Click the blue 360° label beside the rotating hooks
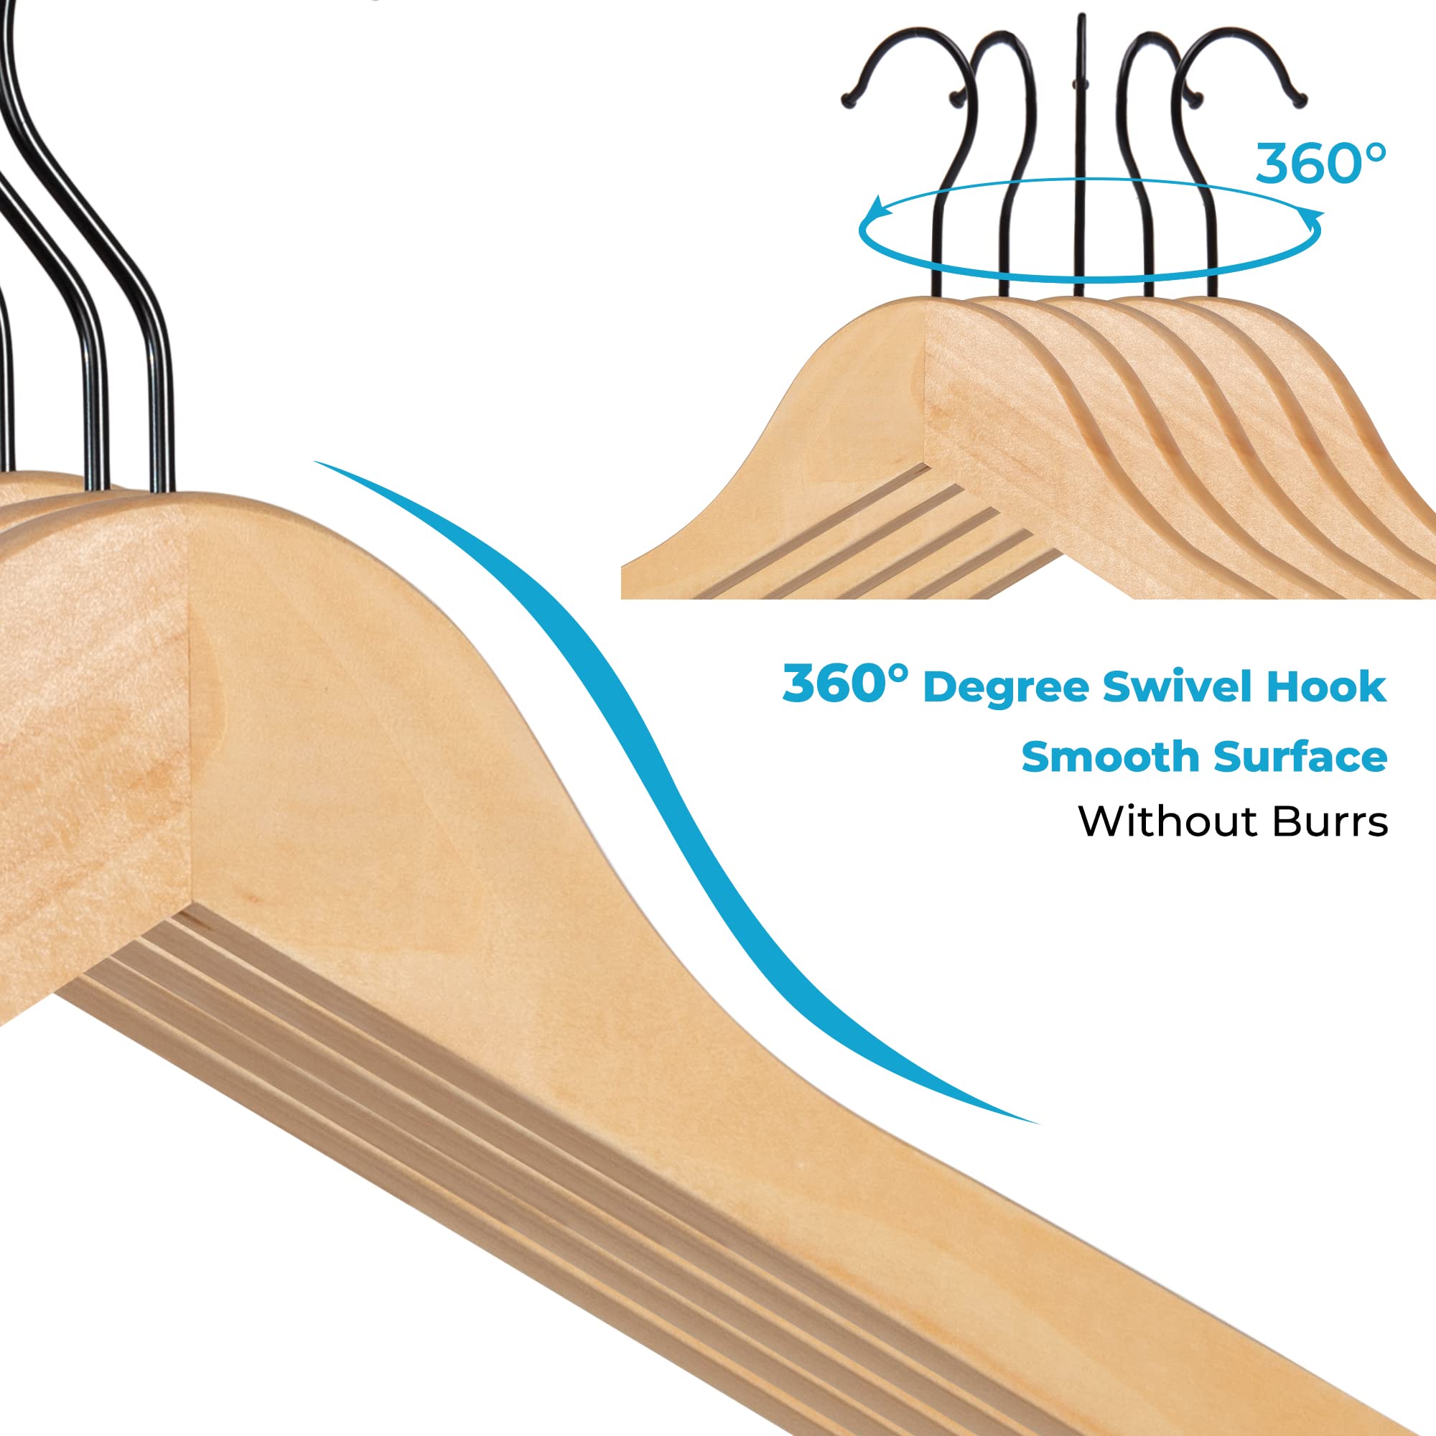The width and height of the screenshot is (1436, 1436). click(1320, 164)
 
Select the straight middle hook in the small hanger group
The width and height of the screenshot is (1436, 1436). click(1079, 149)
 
